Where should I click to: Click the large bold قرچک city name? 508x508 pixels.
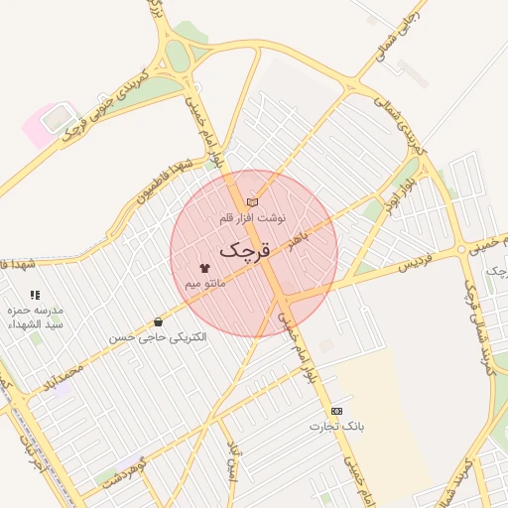(244, 250)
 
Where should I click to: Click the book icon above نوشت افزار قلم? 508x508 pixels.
(252, 201)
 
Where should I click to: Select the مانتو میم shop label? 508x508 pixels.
(205, 284)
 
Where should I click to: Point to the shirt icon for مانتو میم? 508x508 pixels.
(205, 269)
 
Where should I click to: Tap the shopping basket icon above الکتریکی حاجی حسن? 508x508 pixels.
(159, 322)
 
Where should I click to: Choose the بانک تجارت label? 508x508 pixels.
(335, 427)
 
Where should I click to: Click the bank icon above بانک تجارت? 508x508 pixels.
(336, 411)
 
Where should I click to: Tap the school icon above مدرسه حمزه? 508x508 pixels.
(36, 295)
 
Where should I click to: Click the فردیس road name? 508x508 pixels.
(417, 266)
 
